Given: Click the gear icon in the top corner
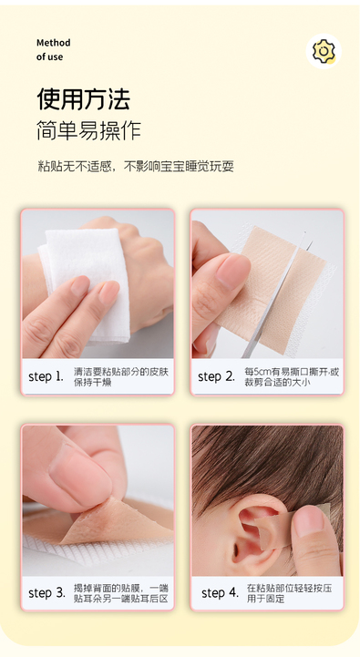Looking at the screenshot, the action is coord(324,51).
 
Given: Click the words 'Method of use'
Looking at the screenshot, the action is coord(53,50).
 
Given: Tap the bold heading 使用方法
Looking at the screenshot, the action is coord(84,99).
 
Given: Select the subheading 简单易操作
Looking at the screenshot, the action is coord(88,130).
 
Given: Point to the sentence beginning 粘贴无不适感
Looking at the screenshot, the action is coord(136,167).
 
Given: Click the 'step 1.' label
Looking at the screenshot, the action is coord(46,376).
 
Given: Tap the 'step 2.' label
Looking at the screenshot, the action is coord(216,376).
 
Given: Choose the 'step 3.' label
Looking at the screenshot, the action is coord(47,593).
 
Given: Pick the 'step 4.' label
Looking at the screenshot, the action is coord(220,593).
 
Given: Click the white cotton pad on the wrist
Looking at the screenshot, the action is coord(86,281).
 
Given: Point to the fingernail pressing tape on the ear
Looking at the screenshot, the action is coord(308,521).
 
